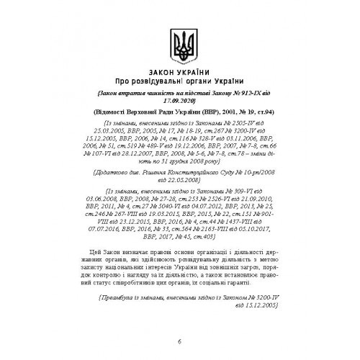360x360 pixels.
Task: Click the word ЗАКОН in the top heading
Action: point(161,76)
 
